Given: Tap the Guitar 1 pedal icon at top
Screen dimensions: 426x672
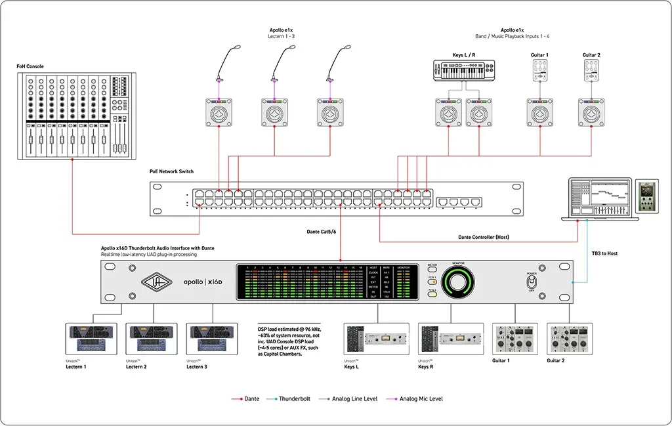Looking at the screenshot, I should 539,71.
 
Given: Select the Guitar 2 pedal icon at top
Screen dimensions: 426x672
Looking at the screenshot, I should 591,71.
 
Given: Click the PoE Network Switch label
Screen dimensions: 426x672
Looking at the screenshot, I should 171,171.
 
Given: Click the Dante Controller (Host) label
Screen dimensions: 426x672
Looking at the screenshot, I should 484,237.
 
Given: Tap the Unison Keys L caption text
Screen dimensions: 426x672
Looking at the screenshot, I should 352,366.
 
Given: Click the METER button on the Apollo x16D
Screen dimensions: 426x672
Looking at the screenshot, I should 432,266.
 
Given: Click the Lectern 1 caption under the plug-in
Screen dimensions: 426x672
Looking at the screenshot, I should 75,366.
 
